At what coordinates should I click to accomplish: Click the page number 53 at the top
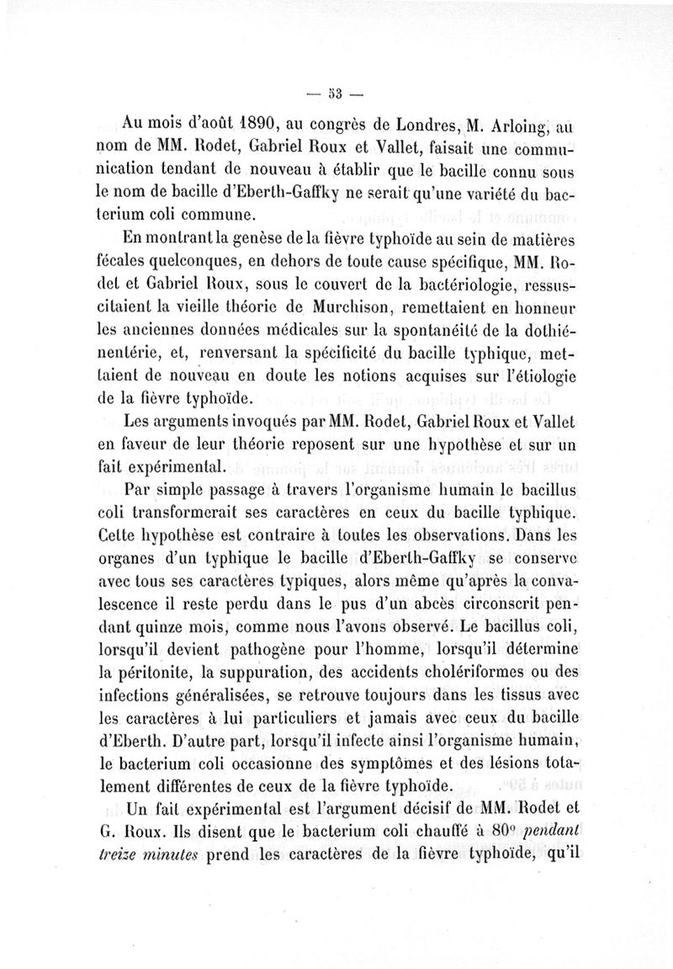point(328,92)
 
